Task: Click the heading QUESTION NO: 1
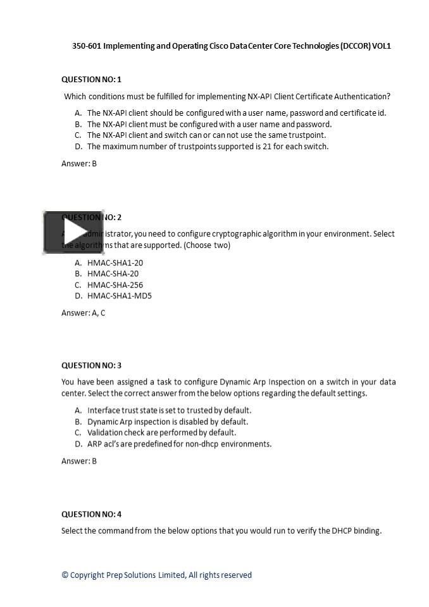coord(91,80)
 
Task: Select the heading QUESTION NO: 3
coord(91,365)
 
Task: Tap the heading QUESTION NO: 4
coord(91,514)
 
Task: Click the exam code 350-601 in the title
coord(86,46)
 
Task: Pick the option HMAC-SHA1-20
coord(115,262)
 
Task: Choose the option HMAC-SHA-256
coord(115,285)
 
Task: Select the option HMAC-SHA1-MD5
coord(120,295)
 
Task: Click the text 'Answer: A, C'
coord(84,313)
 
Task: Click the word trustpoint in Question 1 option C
coord(306,135)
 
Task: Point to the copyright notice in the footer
coord(156,575)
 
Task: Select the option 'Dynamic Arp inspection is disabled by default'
coord(168,422)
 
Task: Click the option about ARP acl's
coord(179,444)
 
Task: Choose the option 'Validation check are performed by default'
coord(161,432)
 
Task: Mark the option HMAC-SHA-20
coord(113,274)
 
